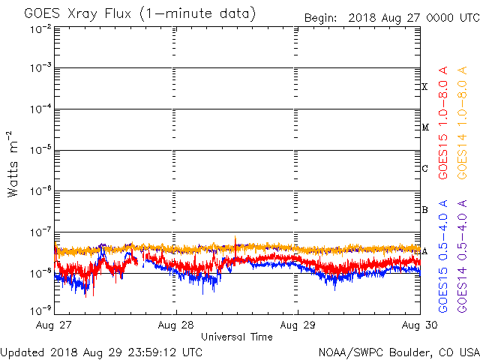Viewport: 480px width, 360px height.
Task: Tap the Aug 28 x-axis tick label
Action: click(176, 325)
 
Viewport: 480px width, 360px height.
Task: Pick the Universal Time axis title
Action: click(237, 337)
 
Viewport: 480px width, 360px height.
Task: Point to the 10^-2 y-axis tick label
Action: click(40, 29)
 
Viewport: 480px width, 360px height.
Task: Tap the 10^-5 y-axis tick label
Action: click(40, 151)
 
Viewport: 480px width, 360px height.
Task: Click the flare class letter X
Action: click(424, 87)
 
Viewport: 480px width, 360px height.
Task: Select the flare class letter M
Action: click(424, 127)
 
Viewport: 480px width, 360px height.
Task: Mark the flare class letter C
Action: click(424, 169)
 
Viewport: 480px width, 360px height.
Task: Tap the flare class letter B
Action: click(424, 209)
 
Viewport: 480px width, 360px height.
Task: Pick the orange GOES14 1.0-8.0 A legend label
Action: click(463, 124)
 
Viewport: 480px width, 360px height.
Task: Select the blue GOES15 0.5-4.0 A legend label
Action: click(443, 256)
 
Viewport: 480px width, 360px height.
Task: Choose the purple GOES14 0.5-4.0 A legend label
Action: click(463, 256)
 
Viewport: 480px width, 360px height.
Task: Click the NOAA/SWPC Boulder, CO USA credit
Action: click(398, 351)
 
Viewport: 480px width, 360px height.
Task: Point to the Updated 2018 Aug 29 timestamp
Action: click(101, 351)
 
